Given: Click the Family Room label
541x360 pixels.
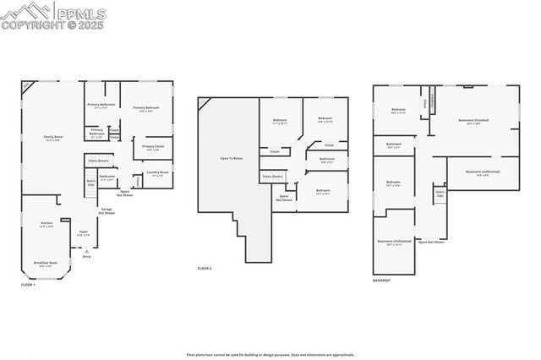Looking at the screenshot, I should coord(53,139).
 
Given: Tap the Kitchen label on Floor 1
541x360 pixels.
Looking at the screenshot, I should coord(46,224).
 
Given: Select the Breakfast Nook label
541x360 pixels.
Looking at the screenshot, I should coord(46,265).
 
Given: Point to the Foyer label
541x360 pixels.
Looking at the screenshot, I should coord(84,232).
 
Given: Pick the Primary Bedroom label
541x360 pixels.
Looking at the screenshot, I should coord(148,109).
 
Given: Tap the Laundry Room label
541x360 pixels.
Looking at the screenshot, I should coord(158,174).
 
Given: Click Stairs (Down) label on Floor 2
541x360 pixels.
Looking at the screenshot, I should coord(272,176).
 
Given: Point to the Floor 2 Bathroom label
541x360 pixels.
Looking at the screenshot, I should coord(327,159).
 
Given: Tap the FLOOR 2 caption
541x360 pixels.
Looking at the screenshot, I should coord(205,268).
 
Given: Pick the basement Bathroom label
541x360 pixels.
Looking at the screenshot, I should coord(394,145).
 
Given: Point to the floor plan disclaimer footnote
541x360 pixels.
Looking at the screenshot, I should coord(270,355).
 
